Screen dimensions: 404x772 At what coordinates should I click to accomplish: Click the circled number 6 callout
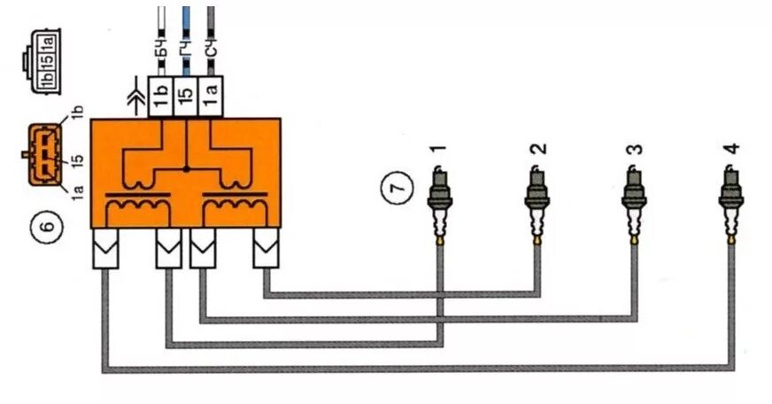(49, 226)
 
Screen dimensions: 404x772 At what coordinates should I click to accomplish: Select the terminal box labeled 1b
(161, 94)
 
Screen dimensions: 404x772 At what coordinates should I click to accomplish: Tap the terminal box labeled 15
(185, 94)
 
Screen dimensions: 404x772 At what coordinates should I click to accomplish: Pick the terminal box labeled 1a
(209, 94)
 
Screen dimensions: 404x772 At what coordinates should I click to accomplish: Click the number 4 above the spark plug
(730, 150)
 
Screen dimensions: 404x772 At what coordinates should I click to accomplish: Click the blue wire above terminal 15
(185, 22)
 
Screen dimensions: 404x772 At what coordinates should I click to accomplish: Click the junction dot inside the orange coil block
(186, 167)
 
